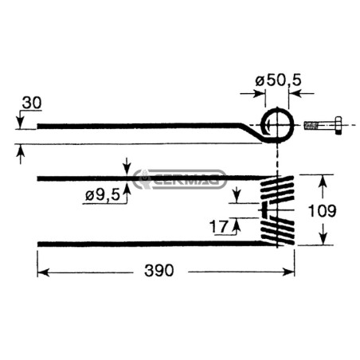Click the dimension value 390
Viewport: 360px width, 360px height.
(x=159, y=271)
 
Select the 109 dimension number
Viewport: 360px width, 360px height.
(x=322, y=211)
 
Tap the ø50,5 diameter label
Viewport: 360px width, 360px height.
(x=278, y=80)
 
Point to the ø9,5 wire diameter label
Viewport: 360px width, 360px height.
(x=103, y=196)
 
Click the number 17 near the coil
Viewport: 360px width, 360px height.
(x=219, y=227)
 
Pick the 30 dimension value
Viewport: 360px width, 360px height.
(x=32, y=103)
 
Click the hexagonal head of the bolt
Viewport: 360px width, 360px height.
(x=338, y=125)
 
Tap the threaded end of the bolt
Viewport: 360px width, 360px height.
(x=311, y=125)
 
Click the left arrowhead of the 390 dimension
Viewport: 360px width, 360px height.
(x=43, y=272)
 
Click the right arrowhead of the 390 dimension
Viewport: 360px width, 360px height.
(x=289, y=272)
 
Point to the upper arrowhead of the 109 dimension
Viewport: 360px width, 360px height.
(x=323, y=181)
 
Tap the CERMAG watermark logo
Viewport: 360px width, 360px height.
(x=179, y=179)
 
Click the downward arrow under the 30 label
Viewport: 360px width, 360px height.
(x=20, y=123)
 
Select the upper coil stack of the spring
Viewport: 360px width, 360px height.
(x=278, y=190)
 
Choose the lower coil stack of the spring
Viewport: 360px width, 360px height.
(x=278, y=230)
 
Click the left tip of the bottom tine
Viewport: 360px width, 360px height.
(x=38, y=244)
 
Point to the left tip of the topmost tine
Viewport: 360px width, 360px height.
(x=37, y=126)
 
